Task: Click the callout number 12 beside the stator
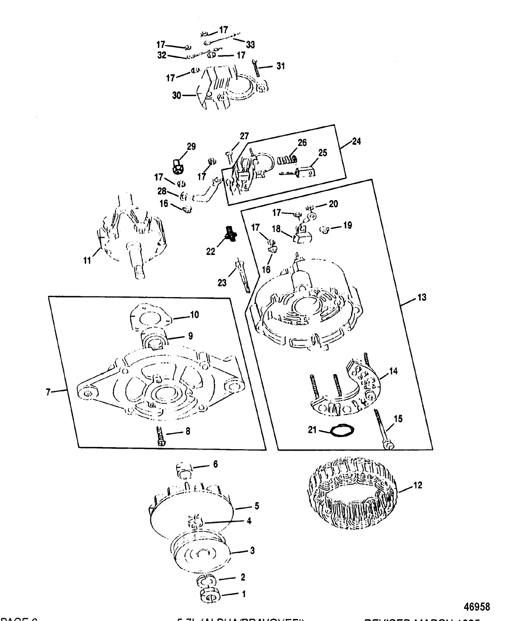(x=418, y=485)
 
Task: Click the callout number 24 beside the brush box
(x=356, y=142)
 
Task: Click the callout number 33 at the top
(x=250, y=45)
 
